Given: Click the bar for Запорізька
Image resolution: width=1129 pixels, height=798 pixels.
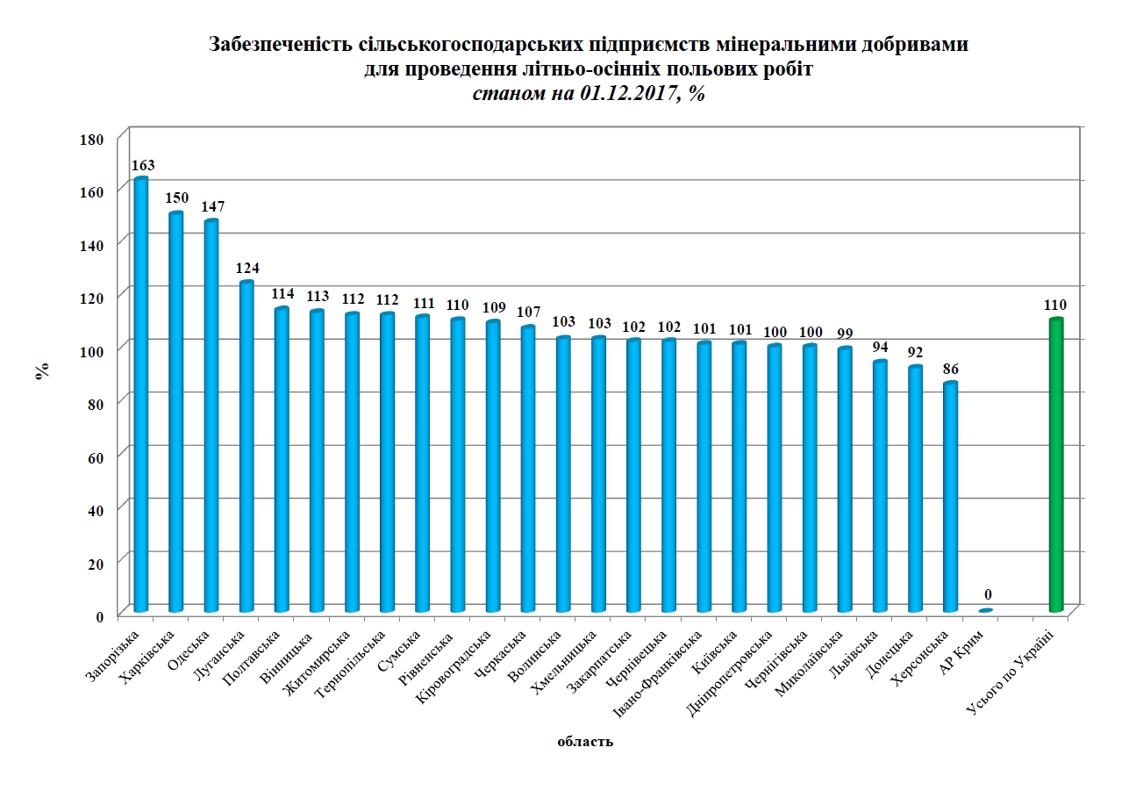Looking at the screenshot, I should [x=140, y=395].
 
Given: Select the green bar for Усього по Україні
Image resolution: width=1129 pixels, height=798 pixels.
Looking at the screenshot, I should [x=1056, y=465].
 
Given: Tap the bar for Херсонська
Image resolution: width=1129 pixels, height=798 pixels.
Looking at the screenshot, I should [x=950, y=497].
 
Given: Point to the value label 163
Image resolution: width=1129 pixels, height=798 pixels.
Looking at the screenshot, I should [x=141, y=165].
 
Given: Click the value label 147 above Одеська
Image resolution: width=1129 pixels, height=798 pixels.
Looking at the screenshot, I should [x=212, y=207].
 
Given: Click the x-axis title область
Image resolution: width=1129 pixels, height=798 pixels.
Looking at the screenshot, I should [x=585, y=742].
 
